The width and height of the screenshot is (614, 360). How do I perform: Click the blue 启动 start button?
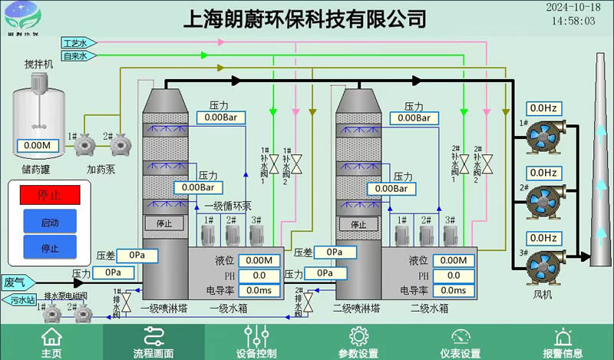(x=49, y=222)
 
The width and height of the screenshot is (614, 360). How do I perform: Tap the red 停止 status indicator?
(x=49, y=193)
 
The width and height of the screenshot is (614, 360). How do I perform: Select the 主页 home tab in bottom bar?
(x=51, y=342)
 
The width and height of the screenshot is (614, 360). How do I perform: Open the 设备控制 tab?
(x=256, y=342)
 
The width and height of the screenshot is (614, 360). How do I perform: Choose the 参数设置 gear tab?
(x=358, y=342)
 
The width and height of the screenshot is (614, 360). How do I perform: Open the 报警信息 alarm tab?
(x=563, y=342)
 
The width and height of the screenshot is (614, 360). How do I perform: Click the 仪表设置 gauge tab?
(x=460, y=342)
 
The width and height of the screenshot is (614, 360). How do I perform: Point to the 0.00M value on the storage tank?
(x=37, y=145)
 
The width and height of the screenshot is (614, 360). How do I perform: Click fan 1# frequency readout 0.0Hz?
(x=543, y=108)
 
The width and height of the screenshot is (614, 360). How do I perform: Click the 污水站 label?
(x=21, y=300)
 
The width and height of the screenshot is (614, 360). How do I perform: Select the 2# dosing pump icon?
(x=119, y=144)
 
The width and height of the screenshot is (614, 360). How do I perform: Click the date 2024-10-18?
(x=572, y=7)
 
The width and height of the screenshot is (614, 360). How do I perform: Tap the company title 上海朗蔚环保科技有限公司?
(x=305, y=18)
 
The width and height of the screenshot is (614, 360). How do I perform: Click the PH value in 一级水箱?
(x=259, y=276)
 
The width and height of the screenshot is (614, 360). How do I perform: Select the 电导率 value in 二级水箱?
(x=453, y=290)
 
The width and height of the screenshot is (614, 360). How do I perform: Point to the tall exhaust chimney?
(x=601, y=169)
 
